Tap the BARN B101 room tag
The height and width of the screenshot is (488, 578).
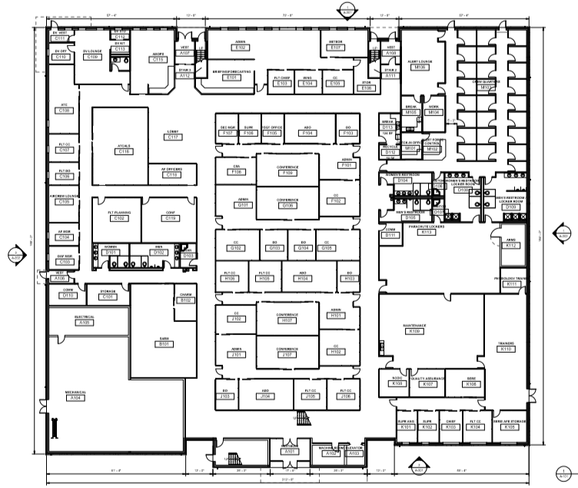point(163,344)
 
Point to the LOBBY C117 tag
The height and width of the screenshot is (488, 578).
point(174,135)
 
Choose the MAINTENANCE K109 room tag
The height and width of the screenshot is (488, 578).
point(415,330)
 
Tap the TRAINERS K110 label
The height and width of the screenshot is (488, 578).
point(506,347)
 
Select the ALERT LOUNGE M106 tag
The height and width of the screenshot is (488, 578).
point(420,65)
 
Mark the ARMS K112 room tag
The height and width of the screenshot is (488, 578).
point(511,244)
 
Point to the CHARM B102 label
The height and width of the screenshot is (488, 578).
point(185,298)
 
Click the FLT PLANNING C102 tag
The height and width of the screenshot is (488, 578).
point(119,217)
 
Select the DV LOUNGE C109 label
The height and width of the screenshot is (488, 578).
point(92,55)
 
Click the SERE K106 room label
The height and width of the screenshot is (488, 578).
point(470,382)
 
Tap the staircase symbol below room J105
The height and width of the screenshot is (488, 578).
point(306,417)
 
